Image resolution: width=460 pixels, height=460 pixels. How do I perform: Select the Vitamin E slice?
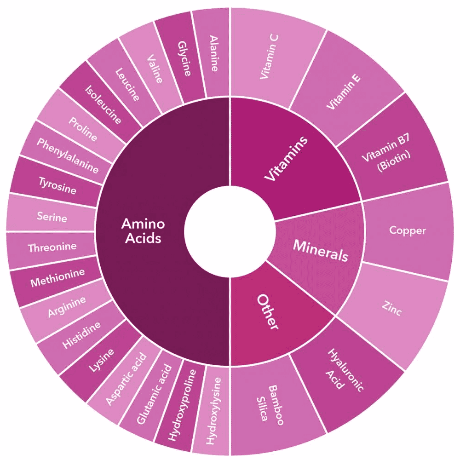(343, 91)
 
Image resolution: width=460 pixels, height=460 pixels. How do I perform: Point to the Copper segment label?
(407, 230)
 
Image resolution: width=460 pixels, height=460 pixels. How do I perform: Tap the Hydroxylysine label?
(213, 411)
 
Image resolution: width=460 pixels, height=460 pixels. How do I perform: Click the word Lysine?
(101, 360)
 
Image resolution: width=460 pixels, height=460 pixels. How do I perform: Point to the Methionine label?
(57, 277)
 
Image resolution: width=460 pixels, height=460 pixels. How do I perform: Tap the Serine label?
(52, 217)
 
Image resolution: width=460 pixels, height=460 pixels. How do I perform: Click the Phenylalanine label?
(68, 155)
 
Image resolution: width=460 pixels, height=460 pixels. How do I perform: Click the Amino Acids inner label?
(143, 231)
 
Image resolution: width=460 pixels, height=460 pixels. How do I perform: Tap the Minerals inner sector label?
(321, 250)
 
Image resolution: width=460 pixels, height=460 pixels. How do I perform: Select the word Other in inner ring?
(267, 311)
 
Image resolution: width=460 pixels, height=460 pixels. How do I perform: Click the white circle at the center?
(230, 231)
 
